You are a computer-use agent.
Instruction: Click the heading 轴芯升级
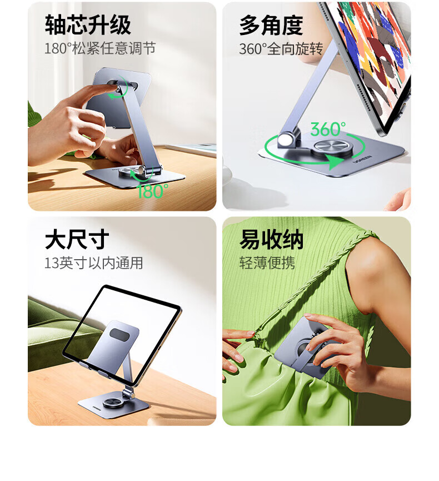tap(88, 25)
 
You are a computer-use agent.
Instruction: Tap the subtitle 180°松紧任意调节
tap(100, 48)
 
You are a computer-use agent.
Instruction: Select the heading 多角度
tap(271, 26)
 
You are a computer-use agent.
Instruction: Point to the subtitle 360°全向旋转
tap(281, 49)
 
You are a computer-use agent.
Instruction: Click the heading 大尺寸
tap(77, 239)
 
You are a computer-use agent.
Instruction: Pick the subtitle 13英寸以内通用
tap(93, 263)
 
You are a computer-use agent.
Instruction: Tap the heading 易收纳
tap(271, 240)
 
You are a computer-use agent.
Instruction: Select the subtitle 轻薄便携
tap(267, 263)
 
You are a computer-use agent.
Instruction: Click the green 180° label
tap(152, 191)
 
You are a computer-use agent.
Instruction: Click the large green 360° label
tap(328, 129)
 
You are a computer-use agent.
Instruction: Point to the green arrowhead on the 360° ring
tap(335, 162)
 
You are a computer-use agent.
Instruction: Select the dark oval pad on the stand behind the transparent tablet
tap(121, 334)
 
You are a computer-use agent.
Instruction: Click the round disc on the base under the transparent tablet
tap(112, 403)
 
